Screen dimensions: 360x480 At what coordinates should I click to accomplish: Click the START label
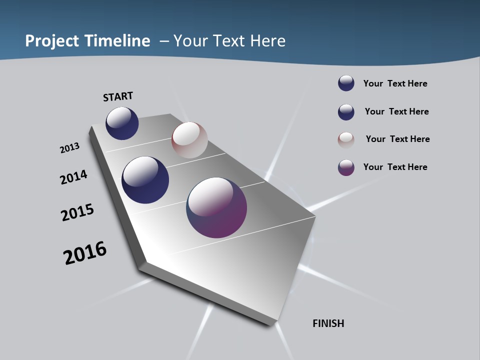[x=118, y=96]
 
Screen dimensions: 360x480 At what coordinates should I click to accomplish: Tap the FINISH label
[x=328, y=323]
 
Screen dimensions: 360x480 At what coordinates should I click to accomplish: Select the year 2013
[x=69, y=148]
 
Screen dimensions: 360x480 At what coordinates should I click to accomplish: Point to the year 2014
[x=73, y=177]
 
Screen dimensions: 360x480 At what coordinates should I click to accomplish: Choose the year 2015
[x=77, y=212]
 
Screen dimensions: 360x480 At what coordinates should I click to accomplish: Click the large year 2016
[x=85, y=253]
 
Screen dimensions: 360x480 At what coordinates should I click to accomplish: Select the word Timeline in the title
[x=118, y=41]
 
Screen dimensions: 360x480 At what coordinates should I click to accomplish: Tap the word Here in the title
[x=268, y=41]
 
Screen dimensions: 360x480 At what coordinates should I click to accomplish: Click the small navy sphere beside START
[x=122, y=123]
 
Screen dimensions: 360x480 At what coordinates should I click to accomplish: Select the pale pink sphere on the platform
[x=189, y=140]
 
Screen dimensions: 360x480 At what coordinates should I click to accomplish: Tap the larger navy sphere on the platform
[x=145, y=180]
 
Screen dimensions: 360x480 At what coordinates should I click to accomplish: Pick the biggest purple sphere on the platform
[x=216, y=207]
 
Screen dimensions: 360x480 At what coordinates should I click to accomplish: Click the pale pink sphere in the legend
[x=346, y=140]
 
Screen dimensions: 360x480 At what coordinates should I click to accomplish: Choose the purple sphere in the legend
[x=346, y=167]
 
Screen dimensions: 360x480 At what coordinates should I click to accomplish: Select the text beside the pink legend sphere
[x=397, y=139]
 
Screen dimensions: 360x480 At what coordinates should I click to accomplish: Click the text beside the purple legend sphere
[x=395, y=167]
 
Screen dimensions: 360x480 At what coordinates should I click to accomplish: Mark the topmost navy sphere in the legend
[x=346, y=83]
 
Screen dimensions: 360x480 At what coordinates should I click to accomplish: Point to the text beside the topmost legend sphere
[x=395, y=83]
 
